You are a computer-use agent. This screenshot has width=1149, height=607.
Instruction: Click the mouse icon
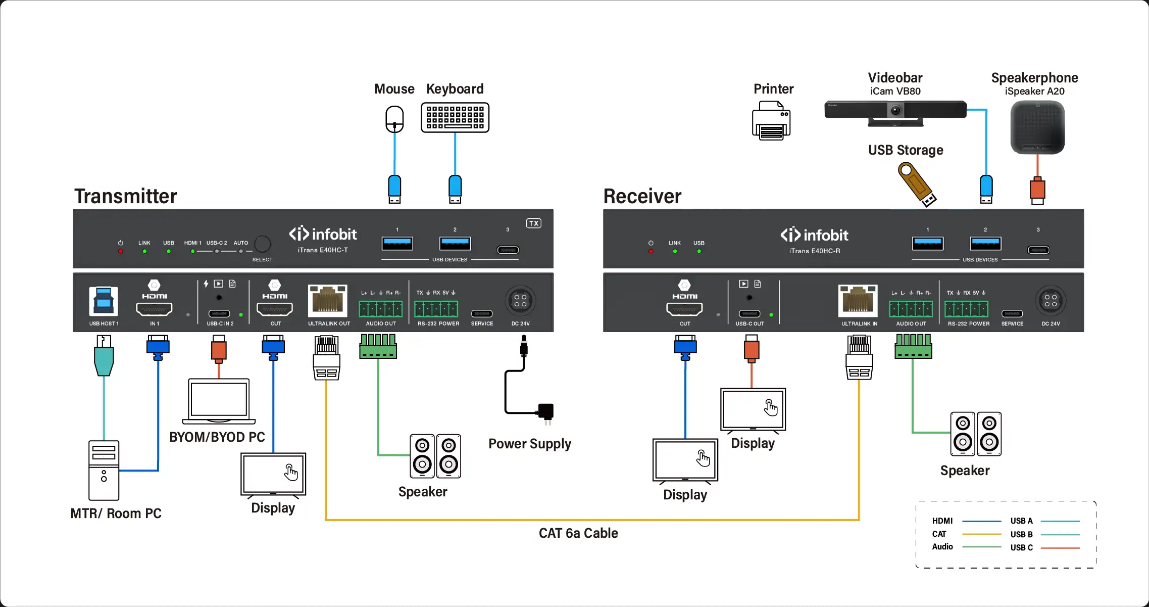(x=394, y=119)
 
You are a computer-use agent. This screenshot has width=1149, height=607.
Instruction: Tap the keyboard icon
(x=455, y=118)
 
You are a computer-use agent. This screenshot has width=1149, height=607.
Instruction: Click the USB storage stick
(x=917, y=184)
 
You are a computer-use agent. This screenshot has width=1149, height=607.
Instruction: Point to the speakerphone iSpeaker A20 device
(x=1037, y=127)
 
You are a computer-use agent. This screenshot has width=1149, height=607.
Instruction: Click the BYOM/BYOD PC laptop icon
(x=219, y=401)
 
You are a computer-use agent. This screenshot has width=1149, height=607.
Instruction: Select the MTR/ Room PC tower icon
(x=104, y=471)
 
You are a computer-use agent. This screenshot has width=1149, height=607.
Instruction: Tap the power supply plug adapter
(x=546, y=411)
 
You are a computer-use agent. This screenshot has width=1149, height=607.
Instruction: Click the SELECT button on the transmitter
(x=262, y=244)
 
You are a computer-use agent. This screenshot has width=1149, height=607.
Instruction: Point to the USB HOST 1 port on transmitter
(x=104, y=301)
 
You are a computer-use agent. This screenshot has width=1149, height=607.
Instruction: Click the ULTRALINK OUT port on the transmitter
(x=328, y=300)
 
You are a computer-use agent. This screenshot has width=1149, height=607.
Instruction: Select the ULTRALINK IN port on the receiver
(x=858, y=300)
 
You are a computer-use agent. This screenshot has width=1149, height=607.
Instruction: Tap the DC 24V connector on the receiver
(x=1051, y=301)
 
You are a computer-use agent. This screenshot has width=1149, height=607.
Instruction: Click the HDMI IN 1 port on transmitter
(x=155, y=308)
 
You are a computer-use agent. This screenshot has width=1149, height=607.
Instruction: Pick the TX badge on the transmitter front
(x=534, y=223)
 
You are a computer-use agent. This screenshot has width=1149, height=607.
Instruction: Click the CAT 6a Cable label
(x=578, y=533)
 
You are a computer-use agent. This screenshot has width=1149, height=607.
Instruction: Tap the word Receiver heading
(x=642, y=196)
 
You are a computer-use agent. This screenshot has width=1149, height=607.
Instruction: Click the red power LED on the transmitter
(x=121, y=251)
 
